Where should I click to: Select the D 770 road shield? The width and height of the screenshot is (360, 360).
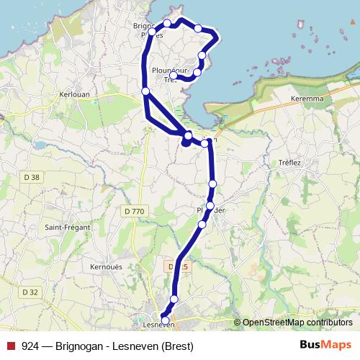click(135, 211)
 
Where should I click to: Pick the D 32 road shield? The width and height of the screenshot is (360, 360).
click(30, 292)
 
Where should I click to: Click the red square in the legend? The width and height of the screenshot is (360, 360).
click(11, 346)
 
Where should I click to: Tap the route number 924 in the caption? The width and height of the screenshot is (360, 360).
click(30, 346)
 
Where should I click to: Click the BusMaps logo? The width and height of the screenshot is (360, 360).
click(325, 345)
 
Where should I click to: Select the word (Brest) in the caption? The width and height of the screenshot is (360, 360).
click(177, 346)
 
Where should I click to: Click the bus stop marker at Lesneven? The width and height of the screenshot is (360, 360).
click(165, 320)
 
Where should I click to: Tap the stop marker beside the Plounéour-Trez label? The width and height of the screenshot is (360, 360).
click(174, 76)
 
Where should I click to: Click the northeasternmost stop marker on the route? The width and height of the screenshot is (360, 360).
click(198, 28)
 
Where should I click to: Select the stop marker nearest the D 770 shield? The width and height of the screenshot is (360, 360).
click(202, 225)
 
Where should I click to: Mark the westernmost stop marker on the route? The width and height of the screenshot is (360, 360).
click(145, 91)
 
